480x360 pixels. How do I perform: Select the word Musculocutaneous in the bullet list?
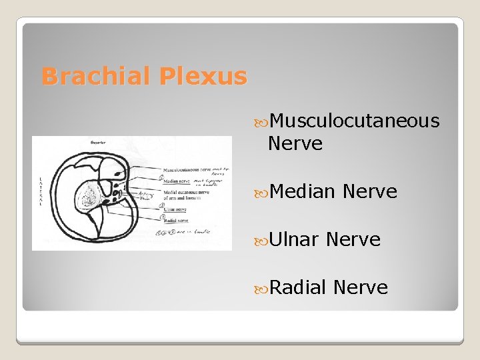(355, 121)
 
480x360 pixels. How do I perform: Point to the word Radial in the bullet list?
(299, 287)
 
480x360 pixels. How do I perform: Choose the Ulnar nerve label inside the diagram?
(175, 209)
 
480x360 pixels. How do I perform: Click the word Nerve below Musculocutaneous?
(295, 143)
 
